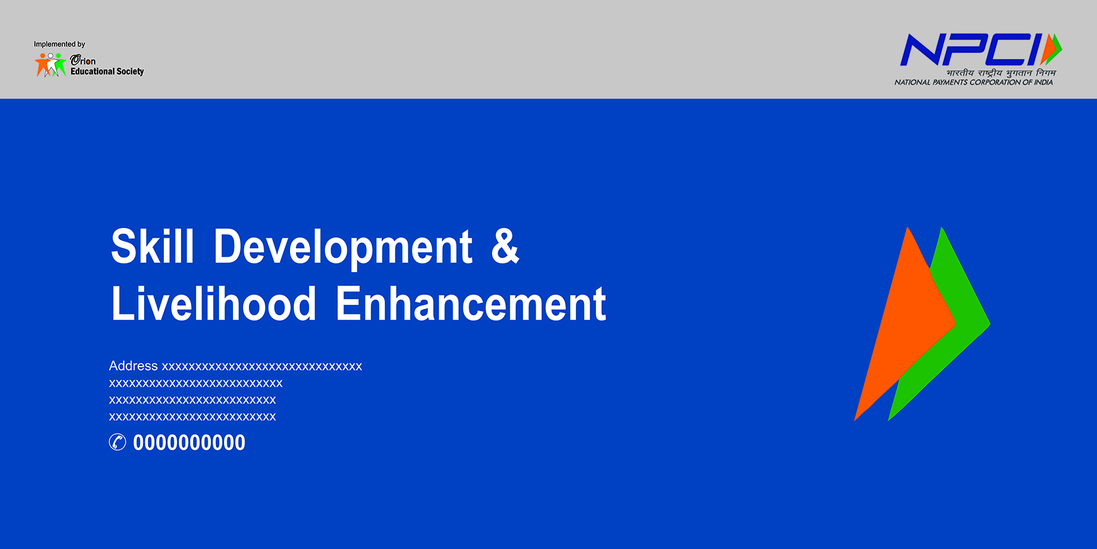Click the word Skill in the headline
[152, 246]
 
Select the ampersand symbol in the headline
[505, 246]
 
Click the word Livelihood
[213, 303]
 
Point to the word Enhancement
[470, 303]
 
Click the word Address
[133, 366]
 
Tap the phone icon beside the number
[117, 442]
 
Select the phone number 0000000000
[189, 442]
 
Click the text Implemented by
[60, 44]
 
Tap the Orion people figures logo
[51, 65]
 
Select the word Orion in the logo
[83, 60]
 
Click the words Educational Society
[107, 72]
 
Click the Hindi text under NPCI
[1001, 73]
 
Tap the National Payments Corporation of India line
[974, 83]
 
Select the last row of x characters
[192, 417]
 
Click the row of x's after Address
[262, 367]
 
